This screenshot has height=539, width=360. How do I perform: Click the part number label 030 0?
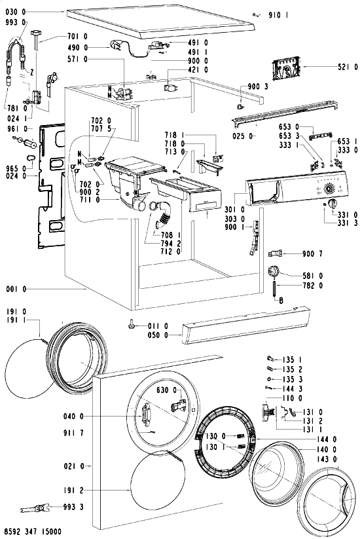click(x=16, y=12)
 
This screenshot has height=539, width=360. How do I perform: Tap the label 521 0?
click(x=348, y=67)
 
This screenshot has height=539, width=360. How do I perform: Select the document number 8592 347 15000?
click(x=33, y=532)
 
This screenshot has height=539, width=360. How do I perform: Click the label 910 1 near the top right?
click(x=278, y=15)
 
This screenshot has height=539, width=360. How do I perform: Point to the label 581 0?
click(x=313, y=276)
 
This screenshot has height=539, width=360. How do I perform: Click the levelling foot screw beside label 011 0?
click(x=132, y=324)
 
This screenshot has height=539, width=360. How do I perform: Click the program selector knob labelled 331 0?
click(x=332, y=204)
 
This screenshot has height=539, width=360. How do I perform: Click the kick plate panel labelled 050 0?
click(x=246, y=325)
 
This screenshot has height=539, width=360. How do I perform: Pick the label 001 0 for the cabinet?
click(x=16, y=289)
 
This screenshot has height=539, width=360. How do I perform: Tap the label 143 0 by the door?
click(x=327, y=459)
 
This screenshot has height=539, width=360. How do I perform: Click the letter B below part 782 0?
click(x=281, y=301)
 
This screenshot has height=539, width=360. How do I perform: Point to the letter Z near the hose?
click(x=31, y=72)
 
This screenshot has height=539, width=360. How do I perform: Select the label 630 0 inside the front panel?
click(x=167, y=390)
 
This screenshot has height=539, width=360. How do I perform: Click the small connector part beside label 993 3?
click(x=34, y=508)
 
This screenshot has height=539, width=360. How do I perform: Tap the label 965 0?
click(x=16, y=168)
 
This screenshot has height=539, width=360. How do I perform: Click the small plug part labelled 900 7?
click(x=275, y=254)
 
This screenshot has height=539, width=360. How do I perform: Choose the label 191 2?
click(x=73, y=490)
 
